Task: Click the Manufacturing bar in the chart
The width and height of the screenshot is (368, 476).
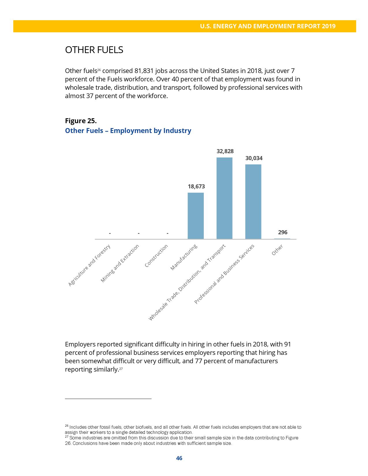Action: [x=196, y=215]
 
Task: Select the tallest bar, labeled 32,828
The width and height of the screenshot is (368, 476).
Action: [x=224, y=198]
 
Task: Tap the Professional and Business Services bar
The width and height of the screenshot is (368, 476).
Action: [x=253, y=202]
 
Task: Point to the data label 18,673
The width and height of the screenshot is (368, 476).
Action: [x=196, y=186]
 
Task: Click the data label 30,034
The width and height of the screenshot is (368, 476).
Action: [x=254, y=158]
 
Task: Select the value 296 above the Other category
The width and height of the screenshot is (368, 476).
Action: [x=283, y=232]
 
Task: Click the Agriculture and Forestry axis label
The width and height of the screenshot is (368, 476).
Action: [x=89, y=265]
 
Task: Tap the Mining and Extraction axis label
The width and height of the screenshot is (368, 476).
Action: [x=120, y=263]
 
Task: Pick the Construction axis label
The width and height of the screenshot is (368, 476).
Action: [x=156, y=256]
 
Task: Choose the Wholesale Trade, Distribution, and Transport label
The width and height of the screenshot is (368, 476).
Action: [x=187, y=282]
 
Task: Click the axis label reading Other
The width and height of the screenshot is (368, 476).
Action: [x=277, y=250]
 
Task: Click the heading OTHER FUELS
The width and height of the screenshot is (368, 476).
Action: [x=94, y=50]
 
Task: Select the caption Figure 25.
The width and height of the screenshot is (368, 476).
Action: [x=81, y=121]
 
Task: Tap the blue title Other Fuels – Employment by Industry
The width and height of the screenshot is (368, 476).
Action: [x=128, y=131]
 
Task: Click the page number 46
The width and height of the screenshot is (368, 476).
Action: [x=179, y=458]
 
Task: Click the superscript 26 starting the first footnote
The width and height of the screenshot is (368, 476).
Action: [x=66, y=426]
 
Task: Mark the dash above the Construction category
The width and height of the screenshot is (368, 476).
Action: [x=167, y=233]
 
